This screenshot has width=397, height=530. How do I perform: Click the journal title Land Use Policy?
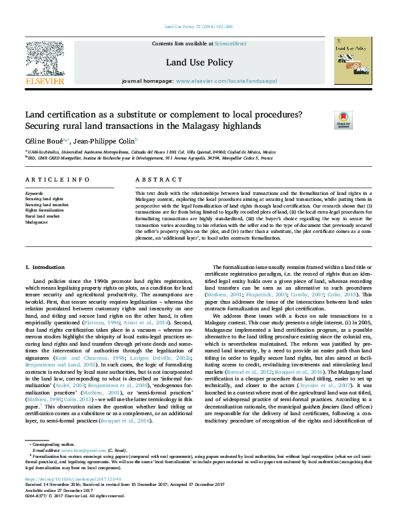[x=198, y=62]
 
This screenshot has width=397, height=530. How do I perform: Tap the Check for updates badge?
[x=343, y=120]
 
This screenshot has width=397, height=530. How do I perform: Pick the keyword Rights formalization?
[x=43, y=210]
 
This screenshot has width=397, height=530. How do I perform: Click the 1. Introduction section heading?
[x=45, y=267]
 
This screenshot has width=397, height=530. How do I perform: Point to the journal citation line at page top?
[x=198, y=27]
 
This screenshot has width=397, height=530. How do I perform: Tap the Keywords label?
[x=33, y=194]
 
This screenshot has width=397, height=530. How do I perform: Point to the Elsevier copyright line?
[x=71, y=513]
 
